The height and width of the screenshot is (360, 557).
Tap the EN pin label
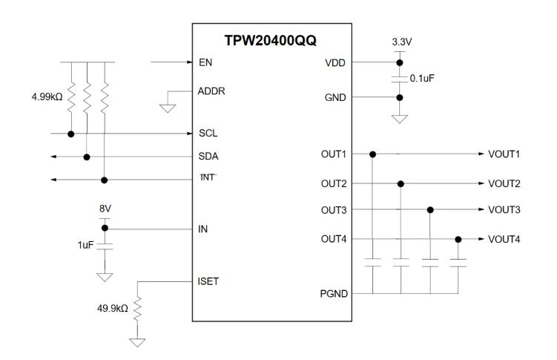coord(205,63)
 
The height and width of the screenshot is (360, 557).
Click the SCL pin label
coord(208,134)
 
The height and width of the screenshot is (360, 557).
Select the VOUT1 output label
coord(504,154)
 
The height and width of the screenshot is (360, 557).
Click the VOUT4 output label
coord(504,239)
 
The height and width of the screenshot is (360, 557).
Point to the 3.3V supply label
coord(401,44)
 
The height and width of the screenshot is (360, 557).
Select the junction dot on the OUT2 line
coord(401,183)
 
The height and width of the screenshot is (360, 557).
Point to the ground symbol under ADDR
coord(169,108)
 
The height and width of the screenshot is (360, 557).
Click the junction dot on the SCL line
coord(70,134)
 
